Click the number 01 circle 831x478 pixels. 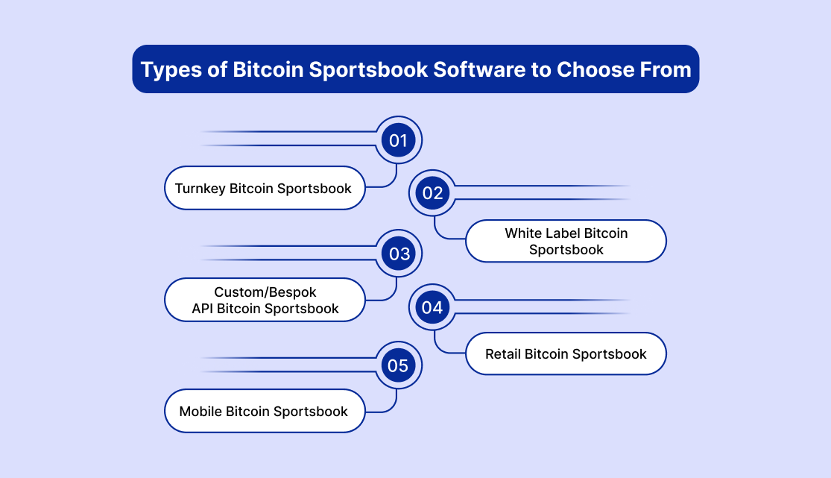[x=399, y=140]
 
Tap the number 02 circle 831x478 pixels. [x=432, y=193]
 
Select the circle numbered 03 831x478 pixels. [x=399, y=254]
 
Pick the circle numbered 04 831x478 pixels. [x=432, y=307]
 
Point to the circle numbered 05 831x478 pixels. [x=399, y=365]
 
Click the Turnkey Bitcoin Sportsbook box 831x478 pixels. [x=265, y=188]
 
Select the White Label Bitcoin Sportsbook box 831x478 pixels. [x=566, y=241]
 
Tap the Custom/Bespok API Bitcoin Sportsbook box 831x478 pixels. [x=265, y=300]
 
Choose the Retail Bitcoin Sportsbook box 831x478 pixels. [x=566, y=354]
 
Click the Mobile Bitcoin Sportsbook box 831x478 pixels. [x=265, y=411]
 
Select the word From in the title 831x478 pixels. [x=666, y=69]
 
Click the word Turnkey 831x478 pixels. [x=200, y=189]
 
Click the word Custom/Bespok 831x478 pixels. [x=265, y=292]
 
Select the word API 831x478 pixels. [x=203, y=308]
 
